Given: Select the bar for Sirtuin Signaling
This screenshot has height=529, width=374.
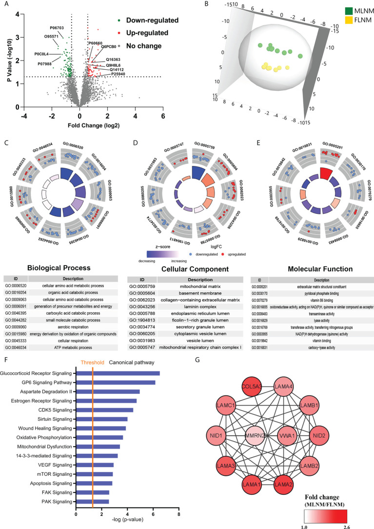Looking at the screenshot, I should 102,419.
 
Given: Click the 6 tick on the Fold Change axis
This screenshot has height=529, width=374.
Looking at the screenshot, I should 162,117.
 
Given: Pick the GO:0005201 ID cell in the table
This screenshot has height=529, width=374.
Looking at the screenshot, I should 259,288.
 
